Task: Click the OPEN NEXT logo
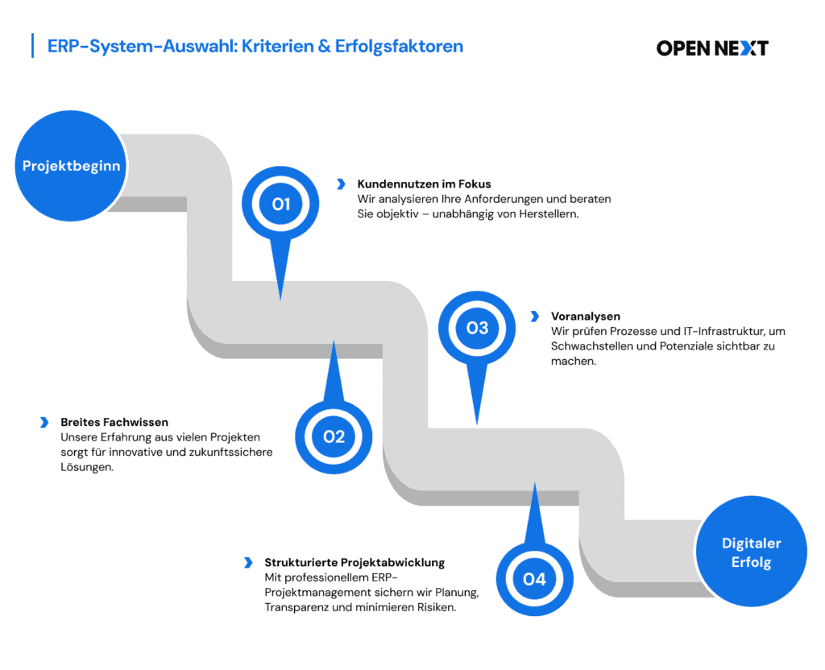pos(712,48)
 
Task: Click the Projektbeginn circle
pos(71,166)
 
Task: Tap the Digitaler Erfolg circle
pos(751,552)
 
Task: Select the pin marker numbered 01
pos(280,205)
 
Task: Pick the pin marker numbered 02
pos(334,436)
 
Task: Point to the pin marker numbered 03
pos(477,328)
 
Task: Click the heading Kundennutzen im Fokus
pos(424,184)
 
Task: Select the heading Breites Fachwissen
pos(114,422)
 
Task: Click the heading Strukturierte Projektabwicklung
pos(354,562)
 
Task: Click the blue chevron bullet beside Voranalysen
pos(535,316)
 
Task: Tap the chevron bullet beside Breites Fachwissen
pos(44,422)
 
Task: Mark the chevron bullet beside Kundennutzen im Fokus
pos(342,184)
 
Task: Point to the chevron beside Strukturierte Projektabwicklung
pos(249,562)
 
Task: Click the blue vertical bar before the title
pos(32,46)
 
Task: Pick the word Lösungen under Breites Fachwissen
pos(87,467)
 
